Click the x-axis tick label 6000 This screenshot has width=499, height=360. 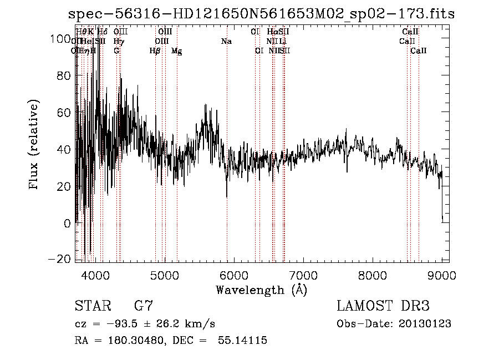[233, 274]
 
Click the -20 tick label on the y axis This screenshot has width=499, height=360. [60, 260]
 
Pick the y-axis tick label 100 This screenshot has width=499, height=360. [61, 38]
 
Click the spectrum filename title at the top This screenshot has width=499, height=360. [261, 14]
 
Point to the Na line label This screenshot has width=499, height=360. [226, 42]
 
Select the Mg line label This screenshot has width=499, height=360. [176, 51]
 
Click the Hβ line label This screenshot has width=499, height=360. [155, 51]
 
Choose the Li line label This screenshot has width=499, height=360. [283, 42]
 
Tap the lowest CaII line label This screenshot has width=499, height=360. [419, 51]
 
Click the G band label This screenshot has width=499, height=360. [116, 51]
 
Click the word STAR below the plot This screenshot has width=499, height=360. [91, 306]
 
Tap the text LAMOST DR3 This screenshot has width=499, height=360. [383, 306]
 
